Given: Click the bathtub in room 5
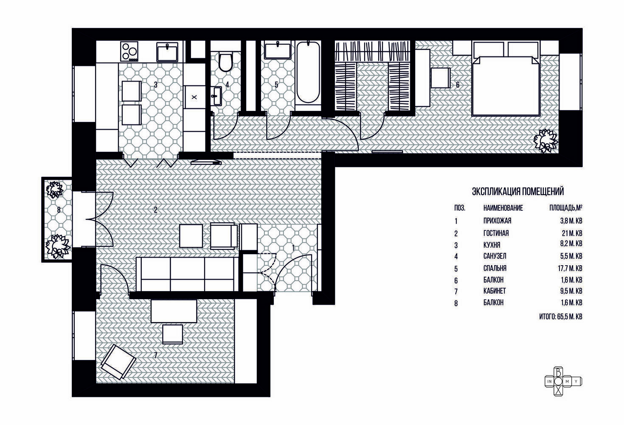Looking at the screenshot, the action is pos(308,73).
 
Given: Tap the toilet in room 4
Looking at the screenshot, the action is pos(225,62).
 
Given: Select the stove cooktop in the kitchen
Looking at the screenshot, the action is pos(129,51).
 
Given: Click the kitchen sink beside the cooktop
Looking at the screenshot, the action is pos(167,52).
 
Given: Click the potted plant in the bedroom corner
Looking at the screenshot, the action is pos(545,141).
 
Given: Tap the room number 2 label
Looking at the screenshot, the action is pos(155,210).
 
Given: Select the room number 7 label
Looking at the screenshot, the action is pos(155,355).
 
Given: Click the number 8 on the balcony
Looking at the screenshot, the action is pos(59,210).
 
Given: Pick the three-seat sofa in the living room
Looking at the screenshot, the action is pos(187,274).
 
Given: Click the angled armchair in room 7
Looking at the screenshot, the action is pos(118,362).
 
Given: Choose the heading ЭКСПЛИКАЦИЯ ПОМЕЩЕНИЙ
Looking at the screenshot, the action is pos(518,192).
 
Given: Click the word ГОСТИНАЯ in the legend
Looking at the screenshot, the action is pos(496,233).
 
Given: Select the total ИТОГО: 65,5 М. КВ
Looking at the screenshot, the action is pos(561,317).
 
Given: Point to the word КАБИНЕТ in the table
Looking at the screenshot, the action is pos(495,291).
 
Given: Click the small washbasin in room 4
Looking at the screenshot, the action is pos(216,96).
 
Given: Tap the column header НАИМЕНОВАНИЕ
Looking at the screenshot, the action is pos(503,208).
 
